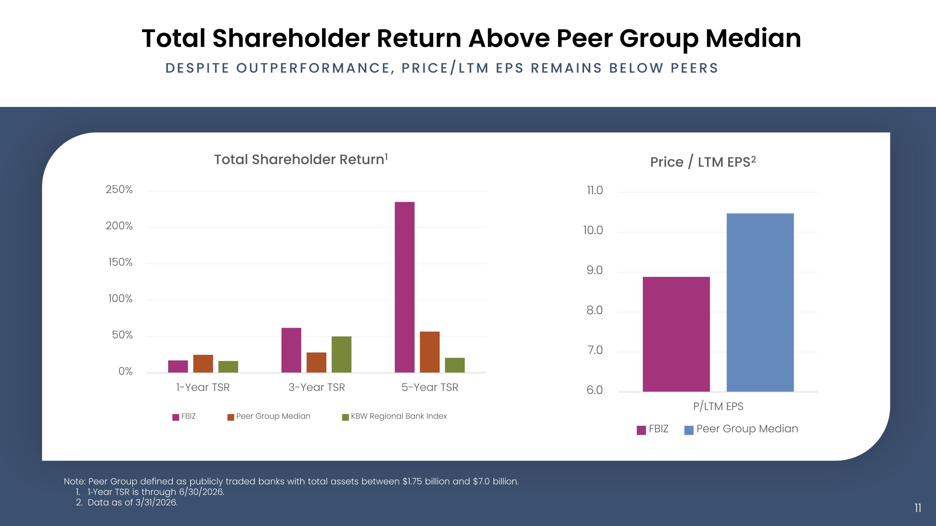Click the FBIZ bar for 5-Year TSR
[404, 287]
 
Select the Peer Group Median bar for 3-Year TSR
[316, 362]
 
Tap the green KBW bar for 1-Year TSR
[228, 367]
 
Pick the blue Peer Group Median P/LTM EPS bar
[760, 302]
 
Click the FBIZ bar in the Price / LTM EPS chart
[676, 334]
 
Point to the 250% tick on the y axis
[119, 190]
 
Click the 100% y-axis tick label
[120, 299]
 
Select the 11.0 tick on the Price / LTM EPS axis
[595, 191]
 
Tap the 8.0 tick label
[594, 310]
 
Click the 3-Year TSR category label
[316, 387]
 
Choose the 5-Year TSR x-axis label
[430, 387]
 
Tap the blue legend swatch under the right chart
[689, 430]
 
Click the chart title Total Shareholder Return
[301, 159]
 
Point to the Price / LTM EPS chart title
[703, 162]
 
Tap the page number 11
[918, 508]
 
